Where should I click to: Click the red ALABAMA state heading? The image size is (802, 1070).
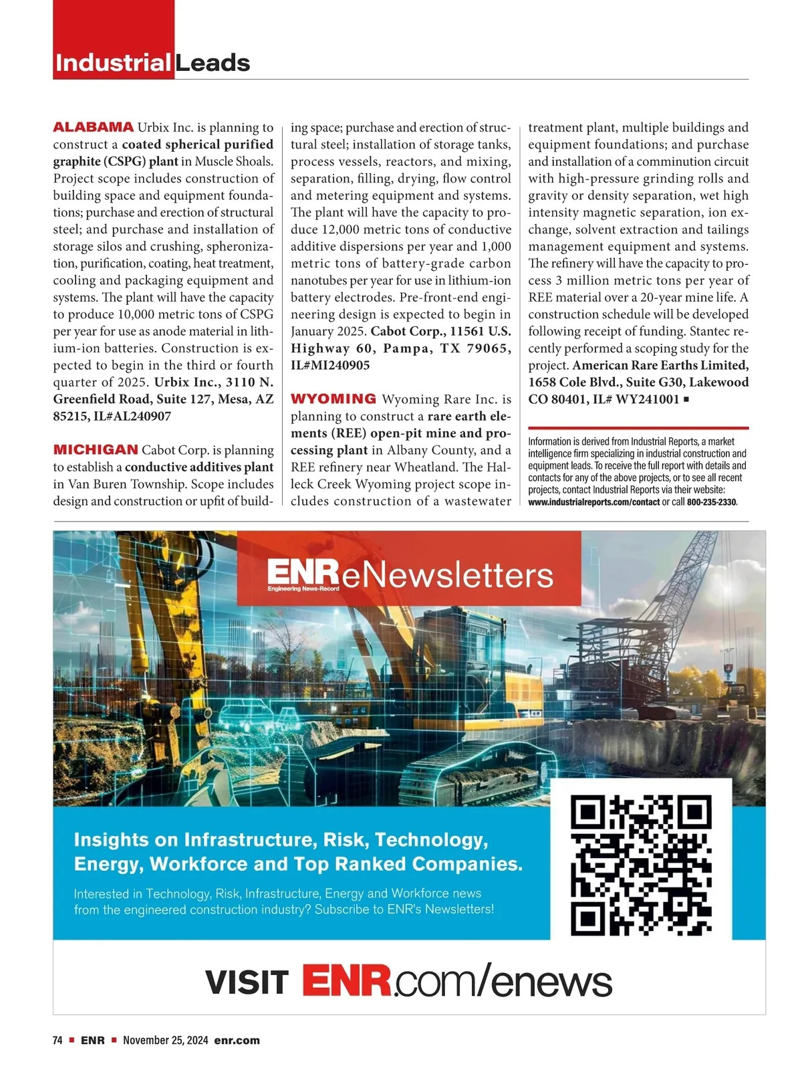pos(93,127)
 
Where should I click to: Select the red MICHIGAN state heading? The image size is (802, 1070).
pos(96,449)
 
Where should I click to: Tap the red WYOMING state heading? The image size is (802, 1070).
pos(333,399)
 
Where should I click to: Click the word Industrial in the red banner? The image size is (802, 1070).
pos(112,63)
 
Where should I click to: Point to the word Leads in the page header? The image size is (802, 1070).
pos(213,63)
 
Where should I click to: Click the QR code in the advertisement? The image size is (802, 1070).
pos(641,865)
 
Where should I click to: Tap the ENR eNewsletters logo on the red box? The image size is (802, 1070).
pos(409,575)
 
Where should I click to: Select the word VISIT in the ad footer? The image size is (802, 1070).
pos(247,982)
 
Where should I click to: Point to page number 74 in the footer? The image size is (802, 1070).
pos(57,1041)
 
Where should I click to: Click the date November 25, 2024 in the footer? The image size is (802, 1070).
pos(166,1041)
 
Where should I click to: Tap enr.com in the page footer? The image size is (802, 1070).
pos(237,1041)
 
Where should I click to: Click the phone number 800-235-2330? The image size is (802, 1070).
pos(711,502)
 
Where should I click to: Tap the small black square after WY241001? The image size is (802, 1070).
pos(687,400)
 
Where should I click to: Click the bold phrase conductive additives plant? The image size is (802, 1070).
pos(199,467)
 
